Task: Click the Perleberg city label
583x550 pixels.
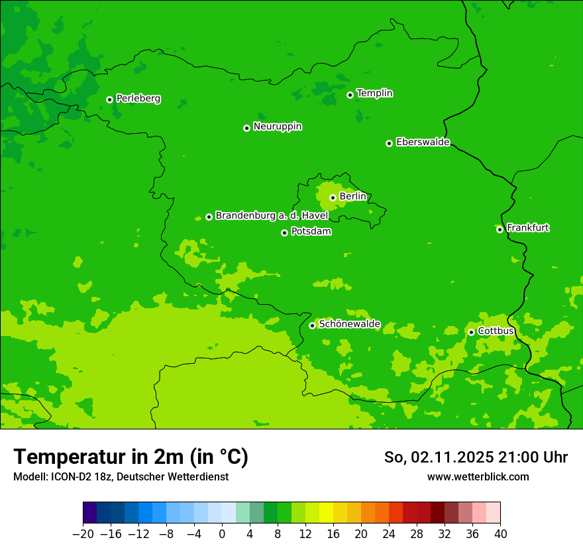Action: point(138,99)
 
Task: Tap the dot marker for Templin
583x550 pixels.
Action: point(350,95)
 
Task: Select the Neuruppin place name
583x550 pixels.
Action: point(277,127)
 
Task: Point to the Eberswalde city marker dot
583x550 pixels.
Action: point(389,143)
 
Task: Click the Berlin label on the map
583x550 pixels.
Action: point(352,197)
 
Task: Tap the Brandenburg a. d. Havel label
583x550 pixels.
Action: point(272,216)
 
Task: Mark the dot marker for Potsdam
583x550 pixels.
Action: point(284,233)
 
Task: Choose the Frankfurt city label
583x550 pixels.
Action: point(527,228)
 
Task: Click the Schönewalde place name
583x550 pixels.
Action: point(349,324)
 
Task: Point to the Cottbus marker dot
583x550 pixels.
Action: point(471,332)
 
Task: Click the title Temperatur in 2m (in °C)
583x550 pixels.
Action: point(131,457)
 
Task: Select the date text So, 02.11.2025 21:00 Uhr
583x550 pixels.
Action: point(476,457)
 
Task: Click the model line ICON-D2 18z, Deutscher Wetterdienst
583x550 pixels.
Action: point(121,476)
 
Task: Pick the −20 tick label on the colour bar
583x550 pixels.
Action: point(83,534)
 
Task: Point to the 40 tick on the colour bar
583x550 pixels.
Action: point(500,534)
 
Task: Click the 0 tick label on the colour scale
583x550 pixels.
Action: point(222,534)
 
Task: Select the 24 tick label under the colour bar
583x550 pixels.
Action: point(389,534)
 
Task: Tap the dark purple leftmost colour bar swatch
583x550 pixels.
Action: point(90,513)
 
